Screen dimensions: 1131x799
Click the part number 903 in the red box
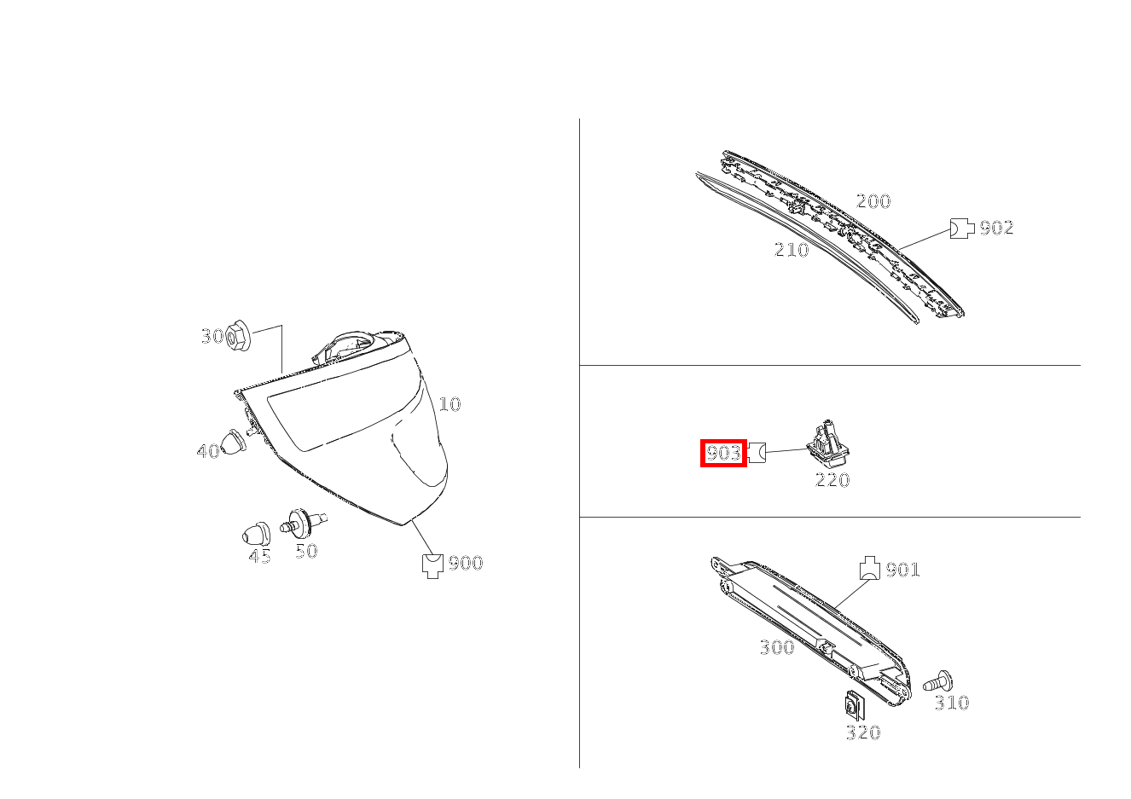pyautogui.click(x=723, y=454)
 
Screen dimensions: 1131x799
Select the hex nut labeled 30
pyautogui.click(x=237, y=335)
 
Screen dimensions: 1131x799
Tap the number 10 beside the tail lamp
pyautogui.click(x=449, y=404)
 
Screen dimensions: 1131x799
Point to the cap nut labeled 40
pyautogui.click(x=232, y=442)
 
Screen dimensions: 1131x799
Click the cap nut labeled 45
pyautogui.click(x=256, y=533)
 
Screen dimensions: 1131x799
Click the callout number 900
pyautogui.click(x=466, y=563)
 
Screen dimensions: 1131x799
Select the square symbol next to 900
pyautogui.click(x=432, y=566)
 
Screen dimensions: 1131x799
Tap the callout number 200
pyautogui.click(x=873, y=201)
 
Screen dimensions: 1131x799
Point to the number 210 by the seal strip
pyautogui.click(x=792, y=249)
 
